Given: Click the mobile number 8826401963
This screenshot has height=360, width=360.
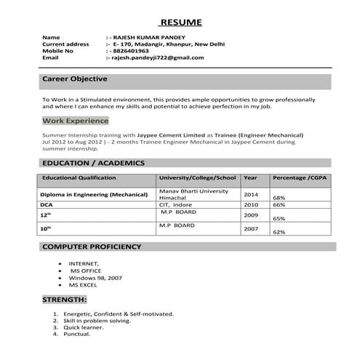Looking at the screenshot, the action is coord(129,51).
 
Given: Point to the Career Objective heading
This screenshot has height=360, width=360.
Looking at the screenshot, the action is coord(75,79).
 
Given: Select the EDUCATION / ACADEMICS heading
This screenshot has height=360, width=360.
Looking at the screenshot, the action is coord(94,163).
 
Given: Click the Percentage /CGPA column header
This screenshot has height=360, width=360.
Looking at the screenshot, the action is coord(300,177).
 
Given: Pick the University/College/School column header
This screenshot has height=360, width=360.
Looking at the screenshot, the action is coord(197,177).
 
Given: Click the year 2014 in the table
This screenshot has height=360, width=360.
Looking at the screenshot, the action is coord(251,195).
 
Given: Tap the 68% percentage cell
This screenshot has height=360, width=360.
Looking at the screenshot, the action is coord(279,198).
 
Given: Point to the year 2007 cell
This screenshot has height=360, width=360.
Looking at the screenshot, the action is coord(251,229).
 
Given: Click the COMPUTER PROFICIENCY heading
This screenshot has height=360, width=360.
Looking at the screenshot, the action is coord(92,247).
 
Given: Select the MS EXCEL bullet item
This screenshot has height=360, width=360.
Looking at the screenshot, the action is coord(83,285).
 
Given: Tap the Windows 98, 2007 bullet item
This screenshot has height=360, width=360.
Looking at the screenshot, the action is coord(95,278).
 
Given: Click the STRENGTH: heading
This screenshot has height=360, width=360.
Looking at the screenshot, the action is coord(65,300).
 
